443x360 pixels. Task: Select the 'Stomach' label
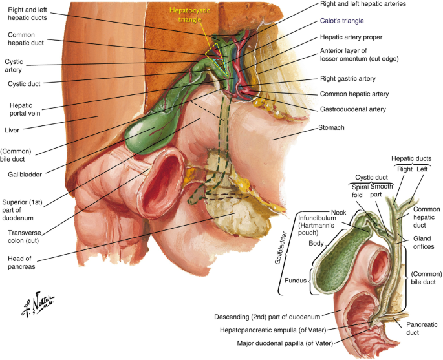click(332, 128)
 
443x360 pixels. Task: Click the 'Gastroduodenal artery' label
click(354, 109)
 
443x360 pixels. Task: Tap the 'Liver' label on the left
click(12, 130)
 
